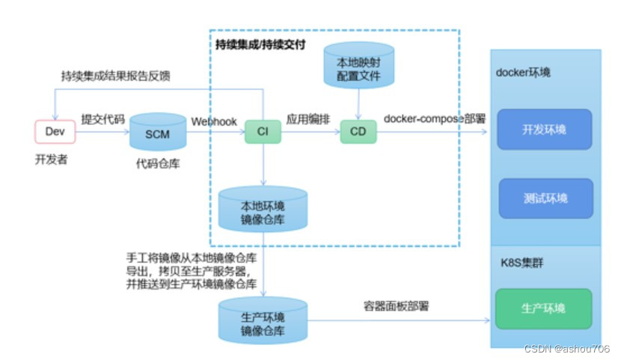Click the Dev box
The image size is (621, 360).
point(55,132)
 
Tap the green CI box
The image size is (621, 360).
point(263,132)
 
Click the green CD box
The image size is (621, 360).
point(358,132)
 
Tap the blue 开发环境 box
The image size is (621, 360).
point(544,129)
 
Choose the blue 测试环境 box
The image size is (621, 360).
point(545,198)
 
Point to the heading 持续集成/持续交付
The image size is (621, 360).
point(260,44)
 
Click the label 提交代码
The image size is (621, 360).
point(103,120)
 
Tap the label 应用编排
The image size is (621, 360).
point(309,119)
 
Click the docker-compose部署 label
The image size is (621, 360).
point(434,119)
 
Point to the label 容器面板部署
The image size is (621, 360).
point(397,306)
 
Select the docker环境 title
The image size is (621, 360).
point(523,73)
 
